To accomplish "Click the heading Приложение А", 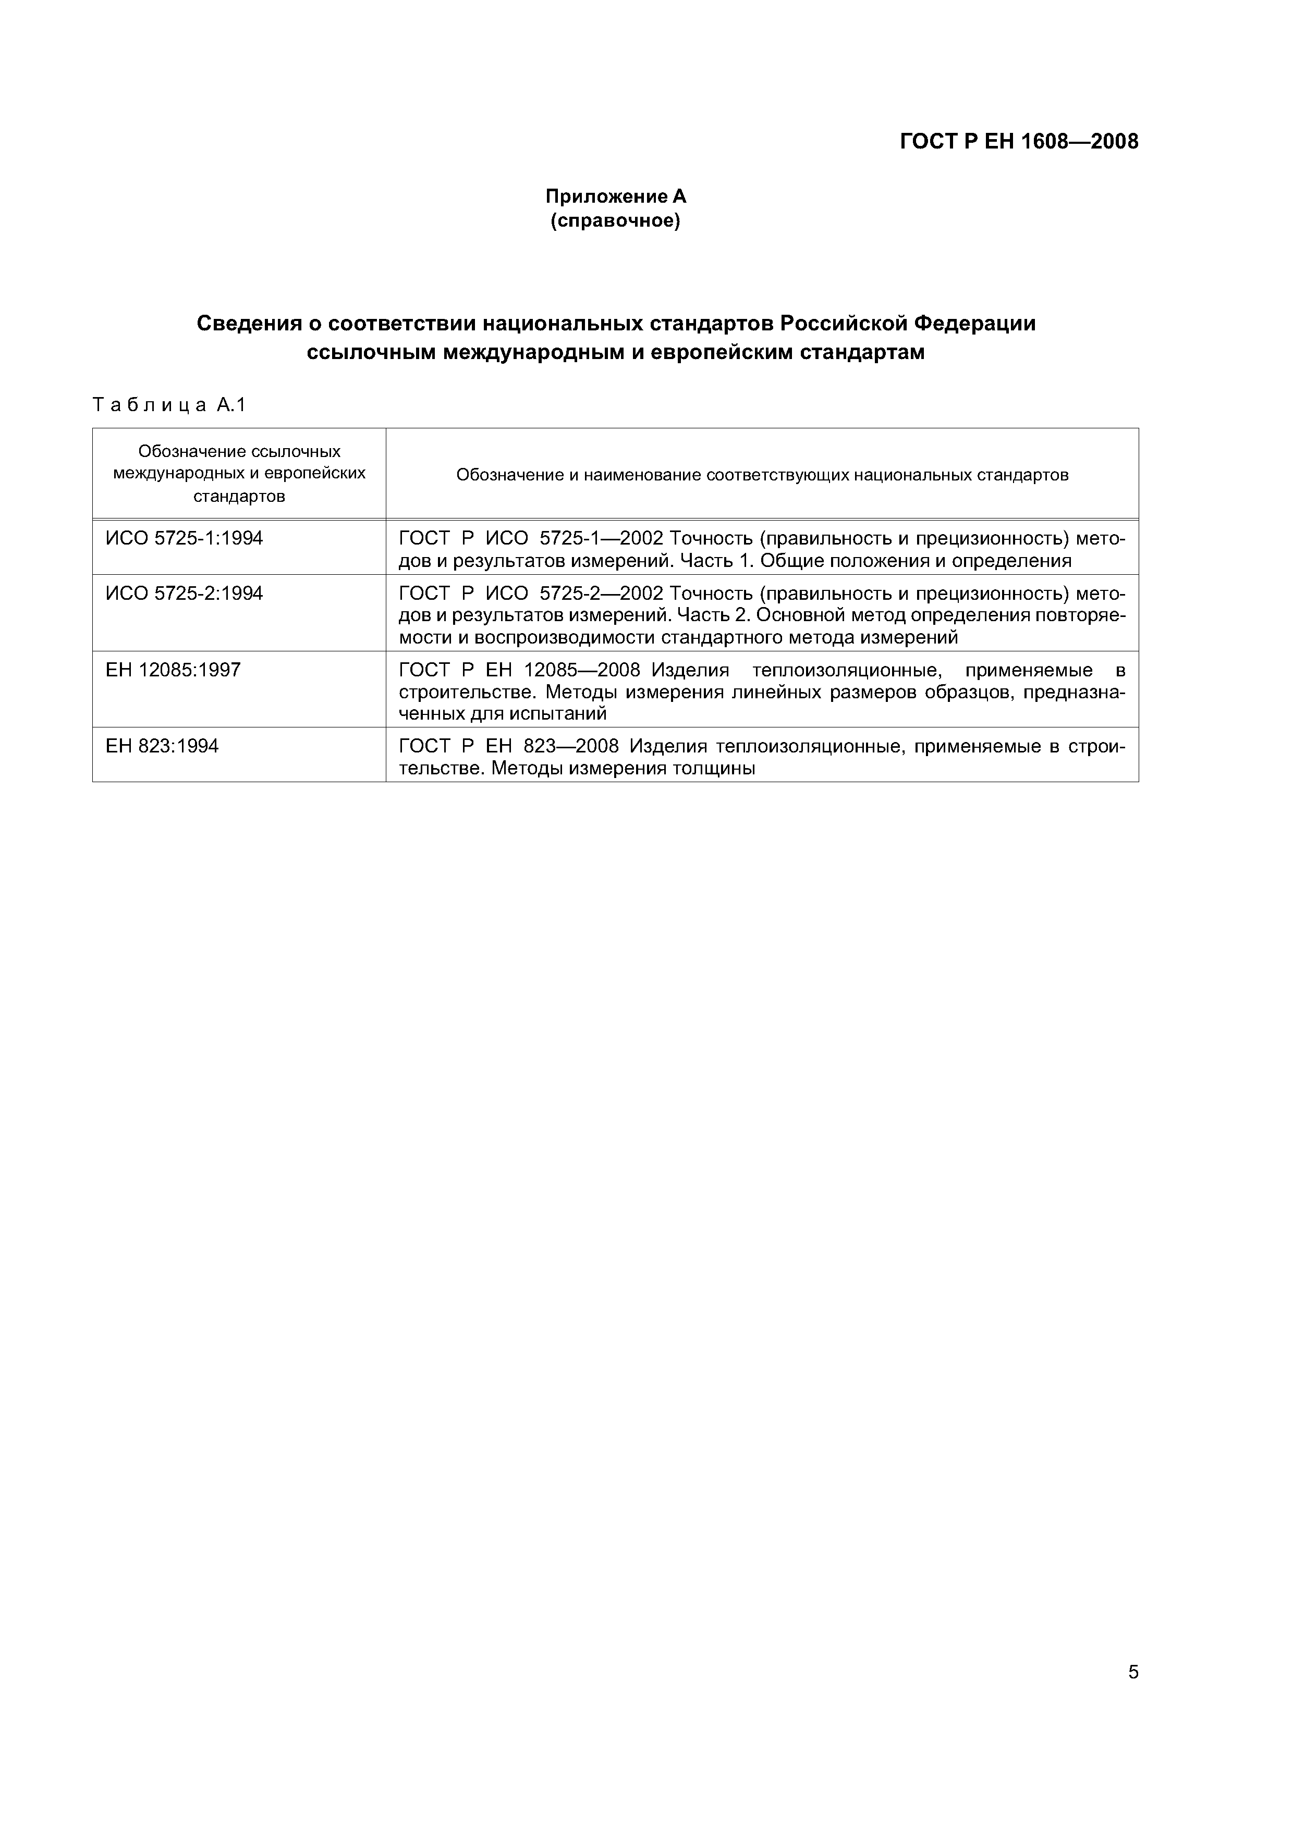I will (x=615, y=196).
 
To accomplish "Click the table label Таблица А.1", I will (x=169, y=405).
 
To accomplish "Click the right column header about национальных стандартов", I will (x=762, y=475).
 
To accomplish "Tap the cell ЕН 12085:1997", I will (x=173, y=670).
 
